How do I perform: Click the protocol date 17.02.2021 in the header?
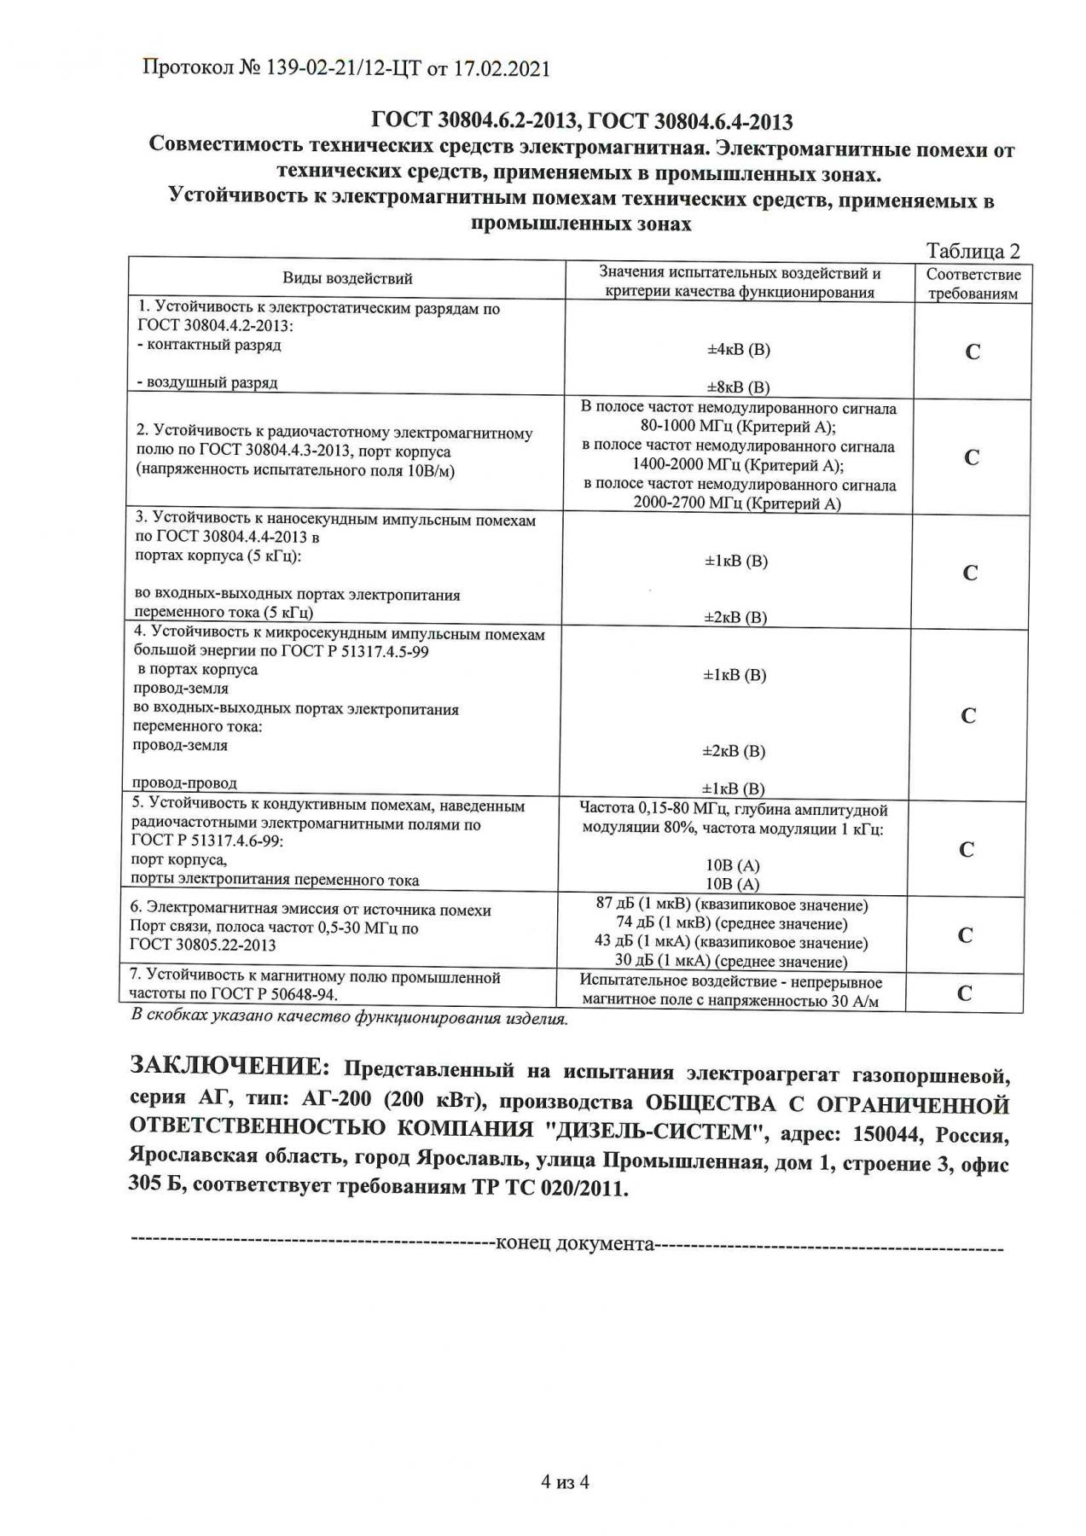pos(500,69)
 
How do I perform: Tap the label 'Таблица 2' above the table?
pos(973,251)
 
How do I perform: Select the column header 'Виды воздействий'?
pos(347,278)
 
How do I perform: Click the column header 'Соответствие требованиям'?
pos(973,284)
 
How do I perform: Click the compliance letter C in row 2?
pos(971,457)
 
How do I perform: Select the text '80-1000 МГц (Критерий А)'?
pos(738,428)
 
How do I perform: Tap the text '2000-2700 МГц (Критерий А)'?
pos(737,503)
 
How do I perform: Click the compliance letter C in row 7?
pos(965,993)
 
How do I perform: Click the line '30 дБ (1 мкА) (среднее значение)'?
pos(731,962)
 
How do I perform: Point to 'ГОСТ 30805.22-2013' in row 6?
pos(202,945)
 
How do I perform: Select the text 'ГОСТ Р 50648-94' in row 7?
pos(276,995)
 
